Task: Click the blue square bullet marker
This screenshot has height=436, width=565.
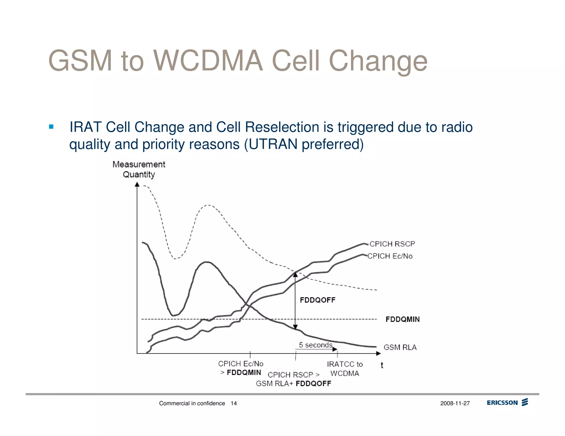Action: pyautogui.click(x=51, y=127)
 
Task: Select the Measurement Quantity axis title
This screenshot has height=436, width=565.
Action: pyautogui.click(x=139, y=169)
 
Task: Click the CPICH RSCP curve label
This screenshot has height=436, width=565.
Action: pyautogui.click(x=392, y=244)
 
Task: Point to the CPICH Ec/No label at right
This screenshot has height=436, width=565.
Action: pyautogui.click(x=390, y=256)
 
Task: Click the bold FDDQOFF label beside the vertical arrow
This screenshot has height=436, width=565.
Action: pyautogui.click(x=318, y=300)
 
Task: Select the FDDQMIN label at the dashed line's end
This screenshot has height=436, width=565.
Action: pyautogui.click(x=403, y=319)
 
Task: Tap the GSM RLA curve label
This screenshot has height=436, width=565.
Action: pyautogui.click(x=400, y=347)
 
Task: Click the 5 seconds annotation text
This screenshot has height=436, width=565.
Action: pyautogui.click(x=316, y=345)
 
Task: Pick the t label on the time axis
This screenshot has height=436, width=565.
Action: pyautogui.click(x=382, y=365)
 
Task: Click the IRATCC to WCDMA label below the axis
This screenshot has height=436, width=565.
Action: pyautogui.click(x=345, y=369)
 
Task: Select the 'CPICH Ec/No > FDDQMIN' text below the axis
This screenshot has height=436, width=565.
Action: pyautogui.click(x=241, y=368)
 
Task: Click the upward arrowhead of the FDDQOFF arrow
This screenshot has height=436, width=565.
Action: pyautogui.click(x=295, y=274)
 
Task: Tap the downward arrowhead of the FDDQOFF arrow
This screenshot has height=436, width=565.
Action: pyautogui.click(x=295, y=327)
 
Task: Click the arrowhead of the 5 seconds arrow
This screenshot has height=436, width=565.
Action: pyautogui.click(x=335, y=349)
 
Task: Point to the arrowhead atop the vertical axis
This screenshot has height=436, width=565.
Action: pyautogui.click(x=137, y=184)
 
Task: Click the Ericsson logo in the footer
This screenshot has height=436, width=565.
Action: pyautogui.click(x=507, y=403)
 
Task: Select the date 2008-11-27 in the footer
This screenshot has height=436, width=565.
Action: pyautogui.click(x=455, y=403)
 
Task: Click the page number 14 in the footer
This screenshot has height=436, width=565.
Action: pyautogui.click(x=234, y=403)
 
